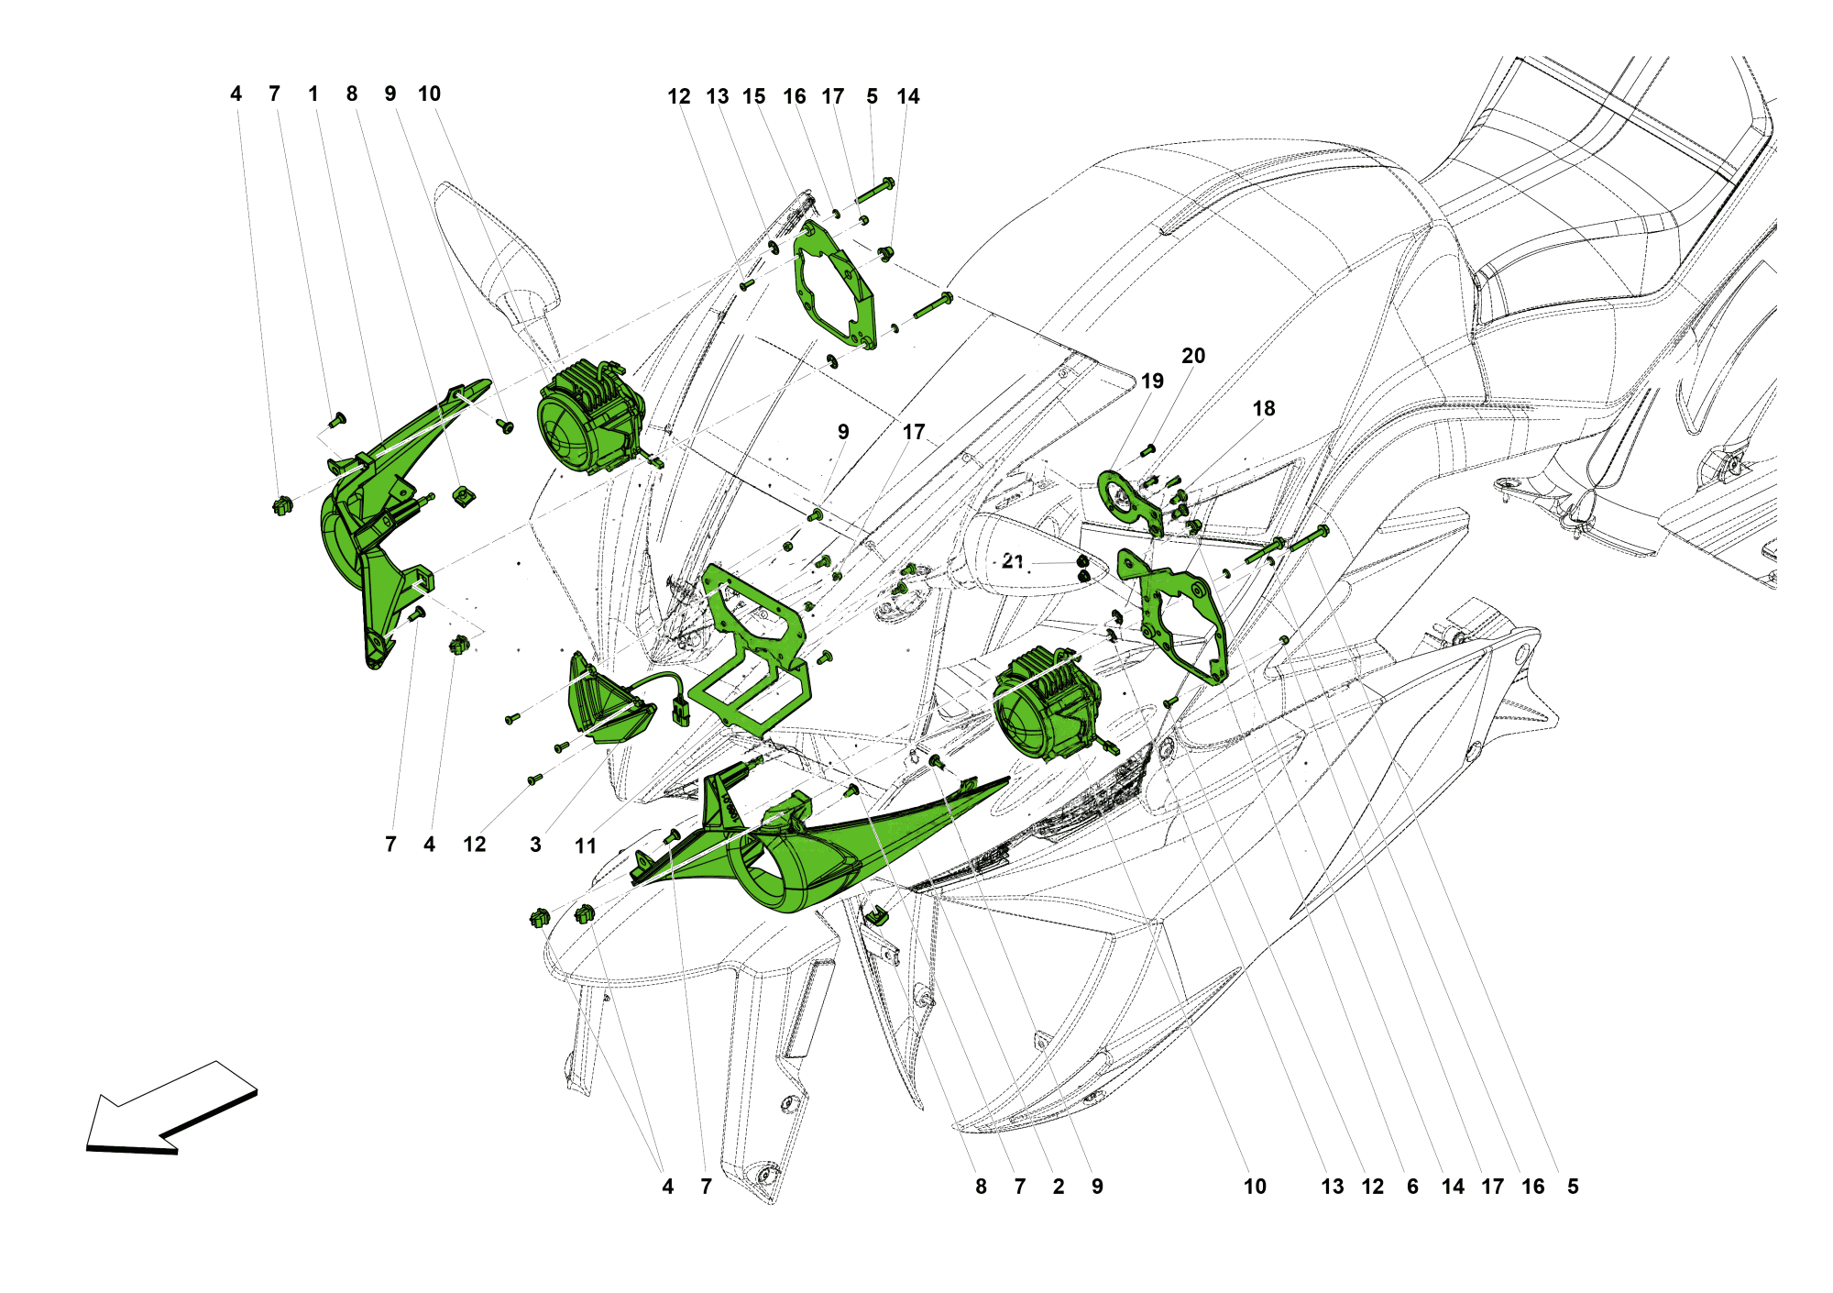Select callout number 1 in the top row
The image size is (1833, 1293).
(313, 94)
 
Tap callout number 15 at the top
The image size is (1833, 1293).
(754, 96)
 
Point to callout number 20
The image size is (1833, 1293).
(1193, 356)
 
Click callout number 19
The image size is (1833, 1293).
(1152, 381)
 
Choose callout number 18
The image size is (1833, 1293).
(1264, 408)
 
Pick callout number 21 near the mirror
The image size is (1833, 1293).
(1013, 560)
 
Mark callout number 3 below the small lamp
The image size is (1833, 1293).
(535, 845)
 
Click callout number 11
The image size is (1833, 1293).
(586, 845)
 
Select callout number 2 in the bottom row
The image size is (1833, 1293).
(1059, 1187)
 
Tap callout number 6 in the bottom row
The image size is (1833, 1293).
(1412, 1187)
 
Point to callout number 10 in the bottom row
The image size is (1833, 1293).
(1255, 1187)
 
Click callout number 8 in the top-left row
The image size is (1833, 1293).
(352, 94)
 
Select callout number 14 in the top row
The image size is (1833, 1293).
(908, 96)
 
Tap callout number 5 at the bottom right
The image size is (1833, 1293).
(1573, 1187)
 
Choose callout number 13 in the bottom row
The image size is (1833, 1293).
(1333, 1187)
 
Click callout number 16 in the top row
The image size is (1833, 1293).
(795, 96)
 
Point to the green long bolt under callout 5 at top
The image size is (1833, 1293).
(875, 190)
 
